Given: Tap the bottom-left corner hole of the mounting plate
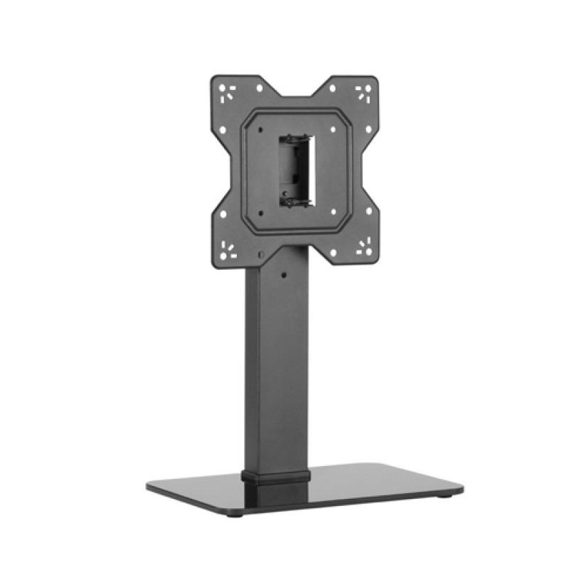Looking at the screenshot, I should pyautogui.click(x=228, y=248).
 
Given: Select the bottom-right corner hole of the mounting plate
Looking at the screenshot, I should pyautogui.click(x=365, y=248).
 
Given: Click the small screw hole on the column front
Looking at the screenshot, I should pyautogui.click(x=283, y=273).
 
